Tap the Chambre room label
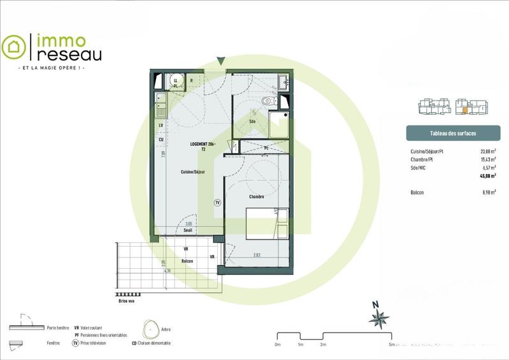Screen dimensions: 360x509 257,197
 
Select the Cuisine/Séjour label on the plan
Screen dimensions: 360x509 192,172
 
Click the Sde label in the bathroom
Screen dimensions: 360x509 253,121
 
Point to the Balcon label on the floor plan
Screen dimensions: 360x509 187,261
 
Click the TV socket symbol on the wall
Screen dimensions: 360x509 217,202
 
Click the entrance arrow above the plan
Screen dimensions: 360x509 220,61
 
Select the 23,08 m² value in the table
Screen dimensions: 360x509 487,152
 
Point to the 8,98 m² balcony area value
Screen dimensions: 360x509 488,192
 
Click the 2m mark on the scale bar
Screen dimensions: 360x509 323,344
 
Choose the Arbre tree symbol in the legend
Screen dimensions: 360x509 150,329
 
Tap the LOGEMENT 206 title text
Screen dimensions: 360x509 203,145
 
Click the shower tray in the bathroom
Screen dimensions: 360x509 280,125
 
